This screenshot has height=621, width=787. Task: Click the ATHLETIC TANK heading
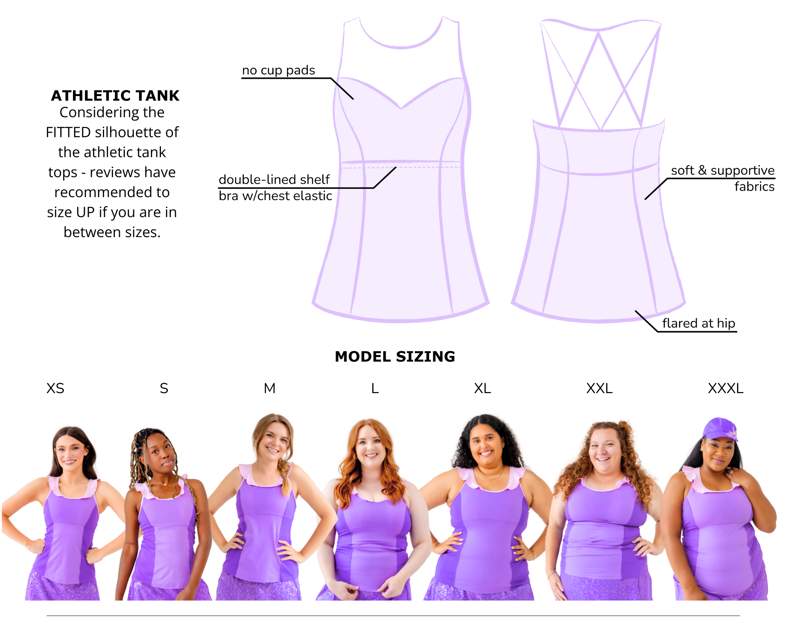pos(115,96)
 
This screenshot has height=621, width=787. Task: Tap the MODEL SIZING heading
pos(395,357)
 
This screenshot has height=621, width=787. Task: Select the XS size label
pos(55,389)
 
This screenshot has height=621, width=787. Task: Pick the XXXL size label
pos(726,389)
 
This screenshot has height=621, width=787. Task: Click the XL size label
pos(482,389)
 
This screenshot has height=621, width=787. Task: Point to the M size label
pos(270,389)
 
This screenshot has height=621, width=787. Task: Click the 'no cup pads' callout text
pos(278,70)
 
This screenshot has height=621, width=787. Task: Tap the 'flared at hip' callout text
pos(699,323)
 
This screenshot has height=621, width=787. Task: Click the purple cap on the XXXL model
pos(720,428)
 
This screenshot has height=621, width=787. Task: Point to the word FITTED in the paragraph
pos(68,133)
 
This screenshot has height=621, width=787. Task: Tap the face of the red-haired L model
pos(371,448)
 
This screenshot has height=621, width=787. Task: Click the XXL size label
pos(599,389)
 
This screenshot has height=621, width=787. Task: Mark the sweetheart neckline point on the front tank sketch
pos(401,108)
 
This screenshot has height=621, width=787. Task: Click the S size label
pos(164,389)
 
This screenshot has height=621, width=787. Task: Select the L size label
pos(375,389)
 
